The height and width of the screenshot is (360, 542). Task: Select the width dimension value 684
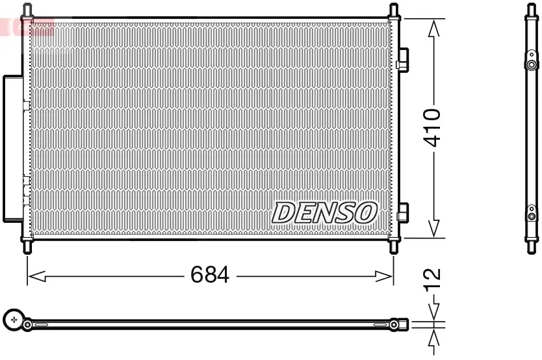point(210,276)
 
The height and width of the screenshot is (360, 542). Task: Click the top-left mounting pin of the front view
point(27,10)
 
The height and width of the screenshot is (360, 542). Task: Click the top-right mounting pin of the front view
point(393,10)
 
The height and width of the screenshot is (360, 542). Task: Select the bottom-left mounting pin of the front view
point(27,247)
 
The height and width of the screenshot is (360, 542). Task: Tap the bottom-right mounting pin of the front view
point(393,247)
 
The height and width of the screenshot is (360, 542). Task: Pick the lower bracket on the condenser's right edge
point(403,212)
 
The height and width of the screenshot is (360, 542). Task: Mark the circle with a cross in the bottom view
point(14,319)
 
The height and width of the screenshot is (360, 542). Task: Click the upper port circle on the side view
point(532,65)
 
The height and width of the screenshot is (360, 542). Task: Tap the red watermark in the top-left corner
point(26,26)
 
